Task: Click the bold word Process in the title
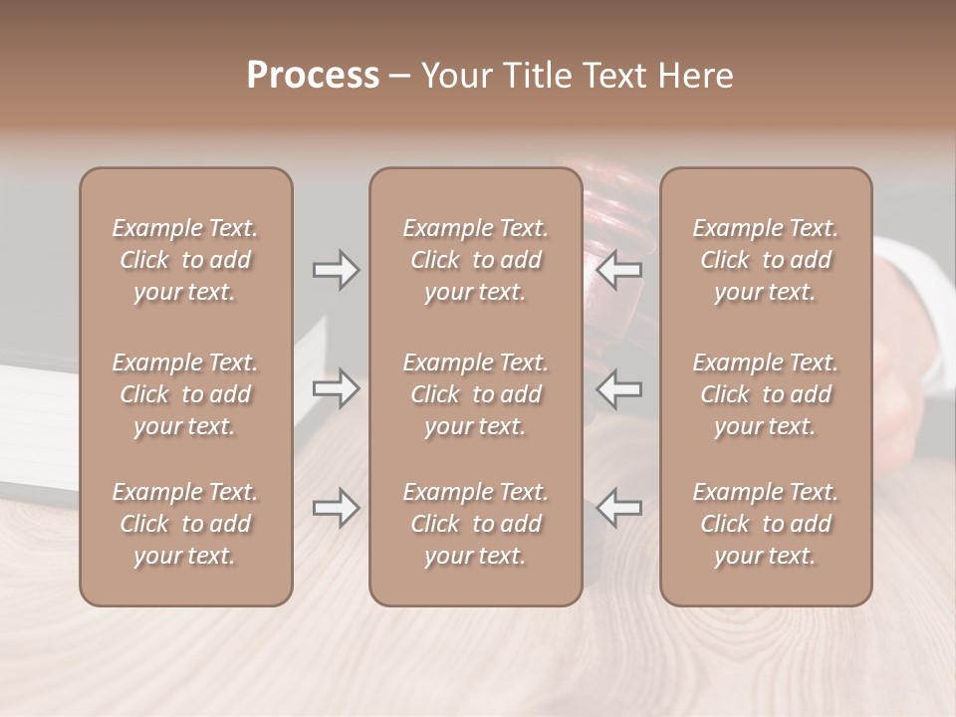point(313,76)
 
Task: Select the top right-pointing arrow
point(336,269)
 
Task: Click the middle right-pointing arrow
point(336,387)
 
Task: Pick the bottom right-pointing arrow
point(336,508)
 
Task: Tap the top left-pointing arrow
point(619,269)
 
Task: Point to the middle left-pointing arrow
point(619,387)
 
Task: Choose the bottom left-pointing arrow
point(619,508)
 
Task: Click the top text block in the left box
point(185,260)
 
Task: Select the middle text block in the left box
point(185,394)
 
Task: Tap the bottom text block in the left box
point(185,524)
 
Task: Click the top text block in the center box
point(475,260)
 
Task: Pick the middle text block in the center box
point(475,394)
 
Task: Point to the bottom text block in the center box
point(475,524)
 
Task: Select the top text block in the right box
point(765,260)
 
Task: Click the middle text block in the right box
point(765,394)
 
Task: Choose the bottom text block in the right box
point(765,524)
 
